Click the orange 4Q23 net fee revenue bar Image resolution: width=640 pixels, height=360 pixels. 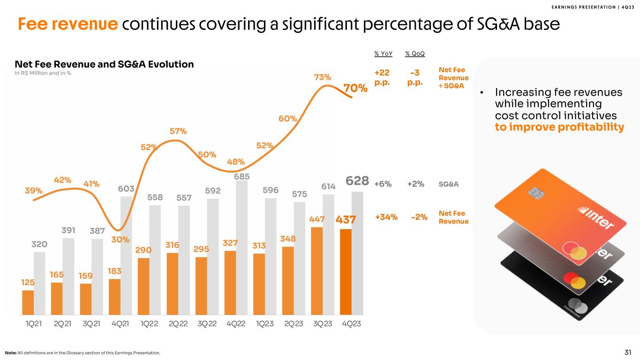(x=346, y=271)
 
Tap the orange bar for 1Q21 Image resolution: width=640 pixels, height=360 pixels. (x=28, y=302)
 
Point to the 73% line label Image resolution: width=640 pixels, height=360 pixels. (x=323, y=77)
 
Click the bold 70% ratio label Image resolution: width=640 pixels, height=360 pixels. (x=355, y=88)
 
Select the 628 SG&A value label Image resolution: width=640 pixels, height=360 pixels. (x=357, y=181)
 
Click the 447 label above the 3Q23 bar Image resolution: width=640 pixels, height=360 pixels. (x=317, y=219)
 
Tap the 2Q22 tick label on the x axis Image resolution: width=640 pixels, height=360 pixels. (x=178, y=324)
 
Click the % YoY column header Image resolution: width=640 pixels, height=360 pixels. (x=383, y=54)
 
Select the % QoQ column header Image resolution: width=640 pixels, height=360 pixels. (x=415, y=54)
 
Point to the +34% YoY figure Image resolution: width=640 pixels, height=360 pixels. (x=386, y=217)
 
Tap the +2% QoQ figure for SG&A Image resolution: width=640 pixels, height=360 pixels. (x=415, y=184)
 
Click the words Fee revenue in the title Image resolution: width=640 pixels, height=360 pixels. (x=68, y=24)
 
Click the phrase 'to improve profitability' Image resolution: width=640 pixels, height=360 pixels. (x=559, y=127)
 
